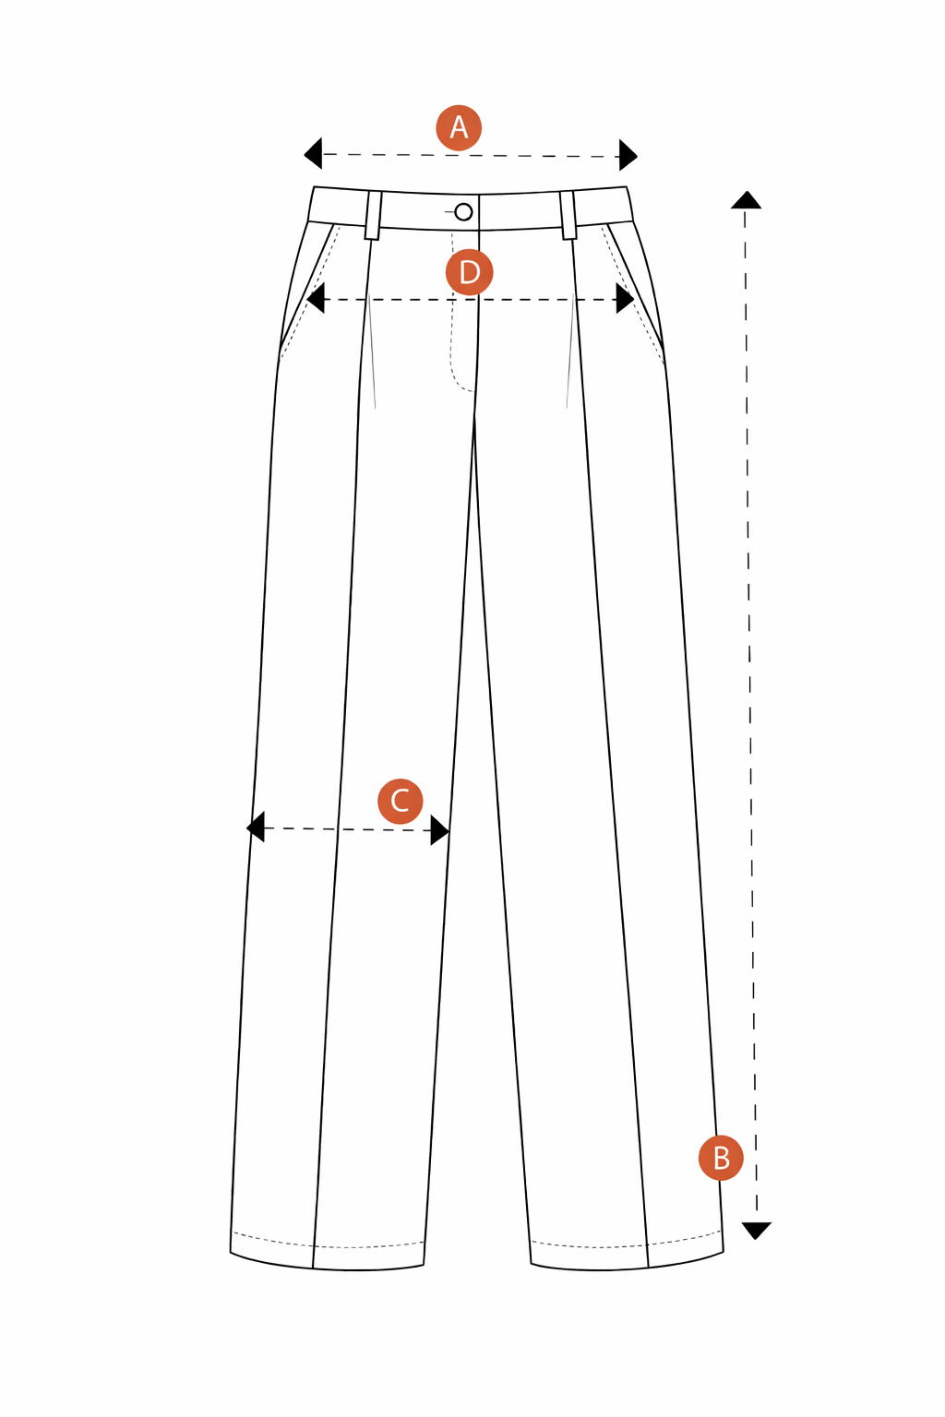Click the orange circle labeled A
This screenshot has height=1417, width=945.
[459, 128]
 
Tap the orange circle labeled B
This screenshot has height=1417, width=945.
[721, 1158]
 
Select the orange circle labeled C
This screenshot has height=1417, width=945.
[400, 801]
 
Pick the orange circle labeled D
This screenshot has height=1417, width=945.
[469, 273]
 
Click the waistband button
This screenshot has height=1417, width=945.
[463, 212]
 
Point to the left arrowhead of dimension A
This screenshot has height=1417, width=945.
[313, 154]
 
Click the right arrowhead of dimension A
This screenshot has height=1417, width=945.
[628, 155]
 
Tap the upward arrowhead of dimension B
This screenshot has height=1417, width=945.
[746, 200]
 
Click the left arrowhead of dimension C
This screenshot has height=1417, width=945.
[255, 827]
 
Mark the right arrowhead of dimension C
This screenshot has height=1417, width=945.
[440, 830]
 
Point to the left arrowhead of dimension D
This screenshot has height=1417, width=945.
[316, 298]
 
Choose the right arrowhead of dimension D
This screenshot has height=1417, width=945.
[626, 298]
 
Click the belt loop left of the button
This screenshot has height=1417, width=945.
[374, 216]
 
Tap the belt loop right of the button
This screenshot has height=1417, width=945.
[568, 216]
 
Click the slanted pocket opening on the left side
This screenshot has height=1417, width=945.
[307, 286]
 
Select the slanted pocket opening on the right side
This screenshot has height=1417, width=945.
[635, 286]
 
